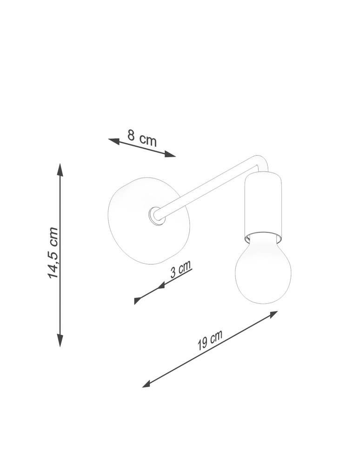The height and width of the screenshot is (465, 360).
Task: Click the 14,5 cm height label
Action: pyautogui.click(x=53, y=253)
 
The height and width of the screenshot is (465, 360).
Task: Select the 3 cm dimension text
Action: pyautogui.click(x=180, y=269)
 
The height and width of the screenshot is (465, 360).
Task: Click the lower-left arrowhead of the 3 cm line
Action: pyautogui.click(x=137, y=300)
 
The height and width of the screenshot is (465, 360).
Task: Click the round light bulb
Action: pyautogui.click(x=263, y=272)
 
